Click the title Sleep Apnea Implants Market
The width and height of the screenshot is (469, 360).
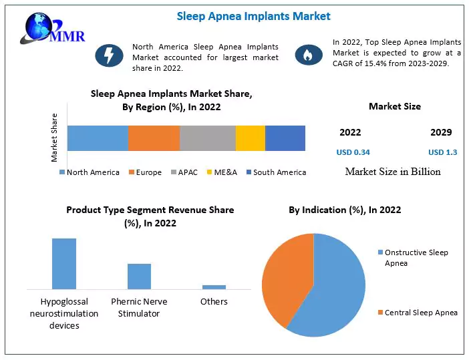253,16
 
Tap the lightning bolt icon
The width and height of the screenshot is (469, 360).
108,55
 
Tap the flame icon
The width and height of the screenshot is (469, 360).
308,55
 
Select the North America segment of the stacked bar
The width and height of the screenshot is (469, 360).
98,138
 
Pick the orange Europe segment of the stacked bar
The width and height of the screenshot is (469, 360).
154,138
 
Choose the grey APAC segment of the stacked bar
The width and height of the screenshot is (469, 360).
208,138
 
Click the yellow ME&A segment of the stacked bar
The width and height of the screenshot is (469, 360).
251,138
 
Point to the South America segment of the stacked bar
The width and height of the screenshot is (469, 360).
285,138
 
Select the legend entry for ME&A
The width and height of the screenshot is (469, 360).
221,172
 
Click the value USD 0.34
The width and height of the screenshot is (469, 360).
353,152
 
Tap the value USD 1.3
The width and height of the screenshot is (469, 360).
442,152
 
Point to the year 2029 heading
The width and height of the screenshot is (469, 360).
441,132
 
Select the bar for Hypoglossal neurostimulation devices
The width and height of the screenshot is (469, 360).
64,263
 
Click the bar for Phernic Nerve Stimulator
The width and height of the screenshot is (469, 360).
139,276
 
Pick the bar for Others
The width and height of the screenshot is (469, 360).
214,287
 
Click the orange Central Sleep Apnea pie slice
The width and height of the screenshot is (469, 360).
284,277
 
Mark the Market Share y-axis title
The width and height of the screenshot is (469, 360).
55,138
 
